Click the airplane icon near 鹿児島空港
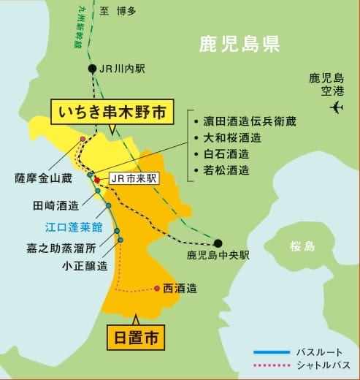tap(336, 107)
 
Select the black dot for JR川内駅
tap(92, 69)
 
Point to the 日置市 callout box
tap(136, 338)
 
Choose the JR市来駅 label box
tap(134, 178)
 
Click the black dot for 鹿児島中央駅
tap(218, 243)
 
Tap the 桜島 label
tap(301, 246)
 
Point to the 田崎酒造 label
tap(55, 205)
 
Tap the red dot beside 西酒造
tap(157, 288)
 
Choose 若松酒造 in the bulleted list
tap(227, 170)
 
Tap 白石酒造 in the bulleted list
tap(227, 153)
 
